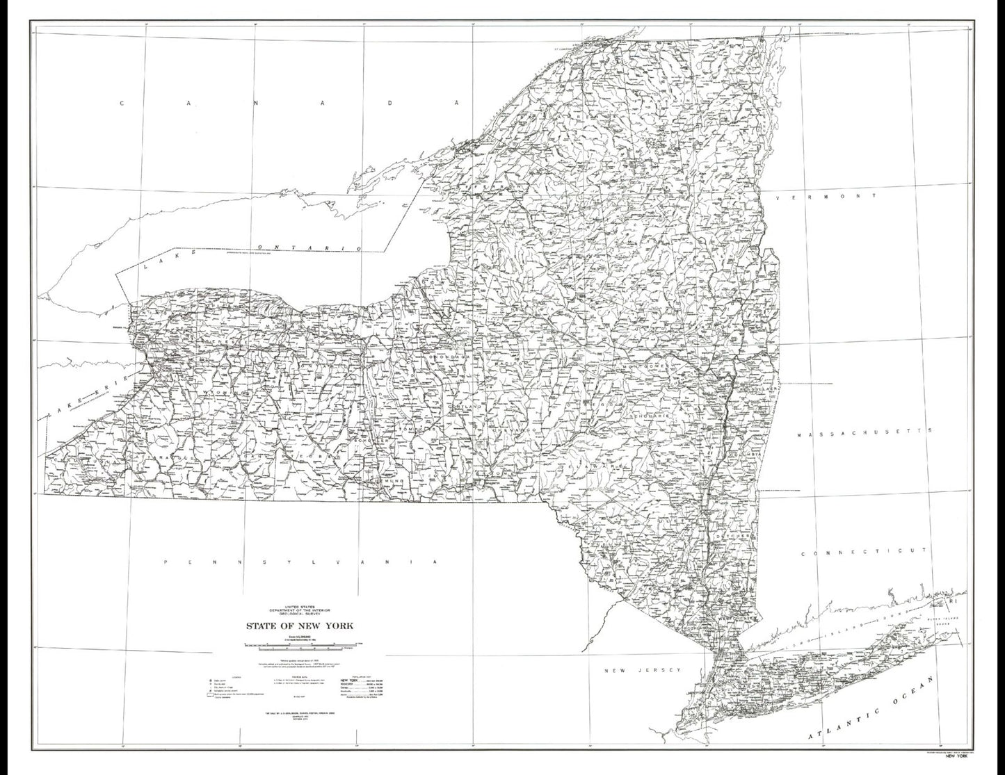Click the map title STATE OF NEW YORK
click(298, 625)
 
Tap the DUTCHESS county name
click(737, 536)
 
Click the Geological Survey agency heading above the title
click(298, 610)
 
